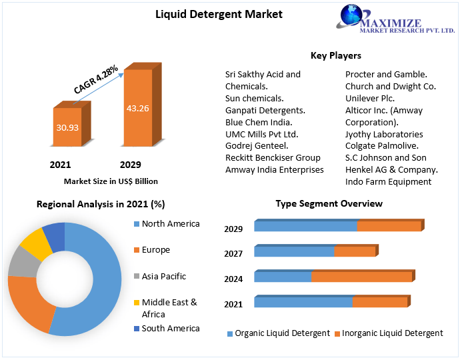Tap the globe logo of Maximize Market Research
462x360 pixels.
353,17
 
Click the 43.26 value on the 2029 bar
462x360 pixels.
138,107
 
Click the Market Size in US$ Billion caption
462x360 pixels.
111,181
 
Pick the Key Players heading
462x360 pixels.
336,55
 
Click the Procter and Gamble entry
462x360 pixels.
386,74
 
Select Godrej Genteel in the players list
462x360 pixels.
257,145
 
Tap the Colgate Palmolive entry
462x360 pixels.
382,145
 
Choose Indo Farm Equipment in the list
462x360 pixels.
388,181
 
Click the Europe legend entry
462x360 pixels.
155,250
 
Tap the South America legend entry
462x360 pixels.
170,328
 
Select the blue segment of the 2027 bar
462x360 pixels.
294,251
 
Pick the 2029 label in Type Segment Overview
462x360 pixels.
233,229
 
